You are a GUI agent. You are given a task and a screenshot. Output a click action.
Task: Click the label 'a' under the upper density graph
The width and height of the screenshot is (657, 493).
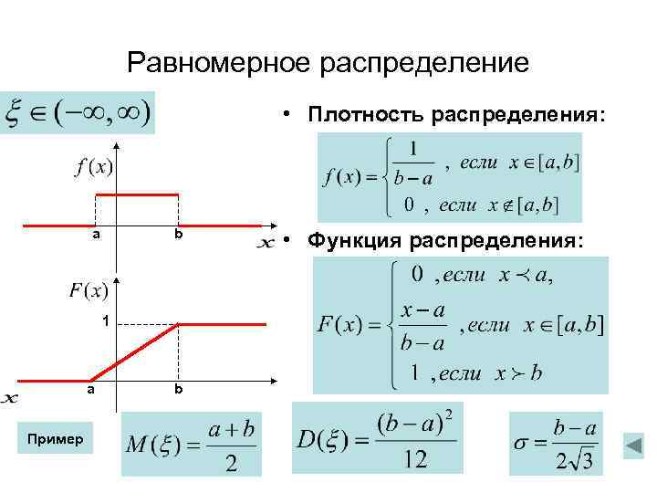pyautogui.click(x=95, y=236)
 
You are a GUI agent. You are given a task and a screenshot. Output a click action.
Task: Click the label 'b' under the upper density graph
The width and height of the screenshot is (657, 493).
pyautogui.click(x=180, y=236)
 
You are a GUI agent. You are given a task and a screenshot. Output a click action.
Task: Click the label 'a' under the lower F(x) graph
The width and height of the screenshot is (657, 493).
pyautogui.click(x=89, y=388)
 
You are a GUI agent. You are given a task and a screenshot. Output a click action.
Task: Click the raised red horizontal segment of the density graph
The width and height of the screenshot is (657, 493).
pyautogui.click(x=137, y=194)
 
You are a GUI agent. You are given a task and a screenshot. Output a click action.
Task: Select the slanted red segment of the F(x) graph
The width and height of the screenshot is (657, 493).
pyautogui.click(x=137, y=351)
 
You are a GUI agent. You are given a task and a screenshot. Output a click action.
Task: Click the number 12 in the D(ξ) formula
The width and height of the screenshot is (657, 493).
pyautogui.click(x=414, y=459)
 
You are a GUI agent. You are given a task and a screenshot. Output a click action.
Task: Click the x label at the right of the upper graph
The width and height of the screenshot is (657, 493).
pyautogui.click(x=266, y=243)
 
